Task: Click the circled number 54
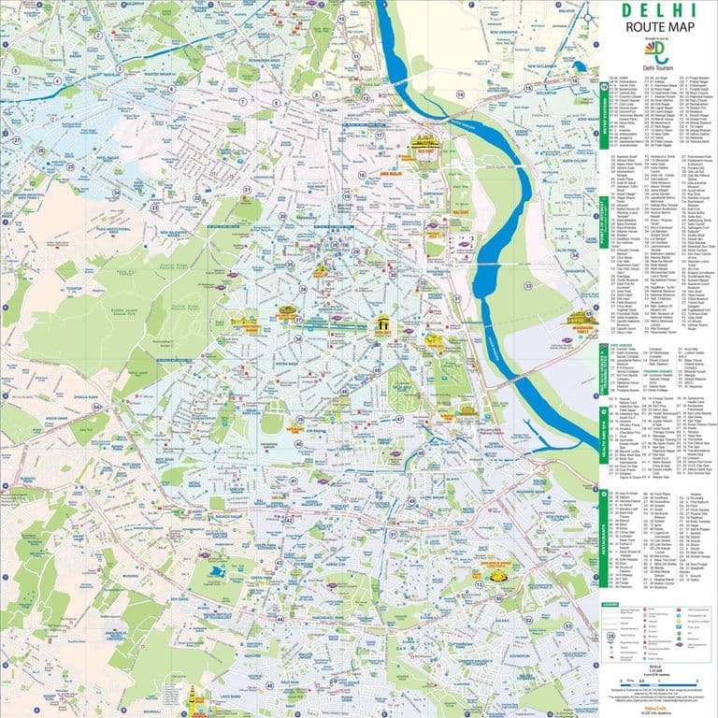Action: coord(96,407)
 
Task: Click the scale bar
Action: coord(653,667)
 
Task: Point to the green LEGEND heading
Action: coord(610,605)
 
